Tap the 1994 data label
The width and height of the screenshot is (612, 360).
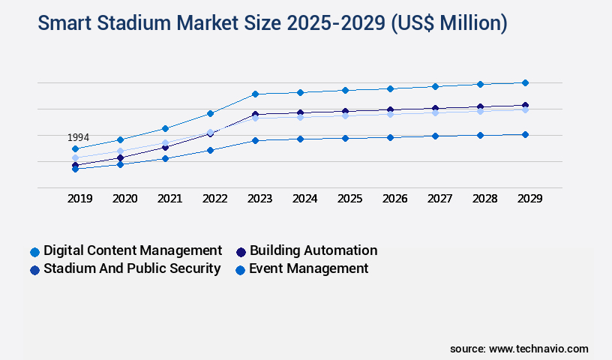[78, 138]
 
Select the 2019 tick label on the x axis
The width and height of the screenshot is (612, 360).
[79, 199]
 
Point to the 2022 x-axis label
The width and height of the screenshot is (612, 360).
[214, 199]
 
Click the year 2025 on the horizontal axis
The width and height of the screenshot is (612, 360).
[349, 199]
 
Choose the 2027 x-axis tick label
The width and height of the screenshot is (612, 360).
[439, 199]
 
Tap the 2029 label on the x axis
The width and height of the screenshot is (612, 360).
[529, 199]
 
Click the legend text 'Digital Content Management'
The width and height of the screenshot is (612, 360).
[133, 250]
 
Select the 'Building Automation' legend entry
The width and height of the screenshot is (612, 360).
[313, 250]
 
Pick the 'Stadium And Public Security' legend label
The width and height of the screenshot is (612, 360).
[132, 268]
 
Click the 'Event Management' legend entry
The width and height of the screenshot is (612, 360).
[309, 268]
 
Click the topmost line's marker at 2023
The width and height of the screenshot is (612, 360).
[255, 94]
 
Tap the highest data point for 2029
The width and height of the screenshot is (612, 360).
[525, 82]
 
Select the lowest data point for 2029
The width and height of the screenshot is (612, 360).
[525, 135]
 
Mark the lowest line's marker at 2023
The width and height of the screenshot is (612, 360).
[255, 140]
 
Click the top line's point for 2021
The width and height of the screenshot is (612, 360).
[165, 128]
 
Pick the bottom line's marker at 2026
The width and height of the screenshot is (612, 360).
[390, 137]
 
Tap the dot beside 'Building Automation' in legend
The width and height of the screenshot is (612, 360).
[241, 251]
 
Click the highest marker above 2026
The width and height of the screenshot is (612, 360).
[390, 88]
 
